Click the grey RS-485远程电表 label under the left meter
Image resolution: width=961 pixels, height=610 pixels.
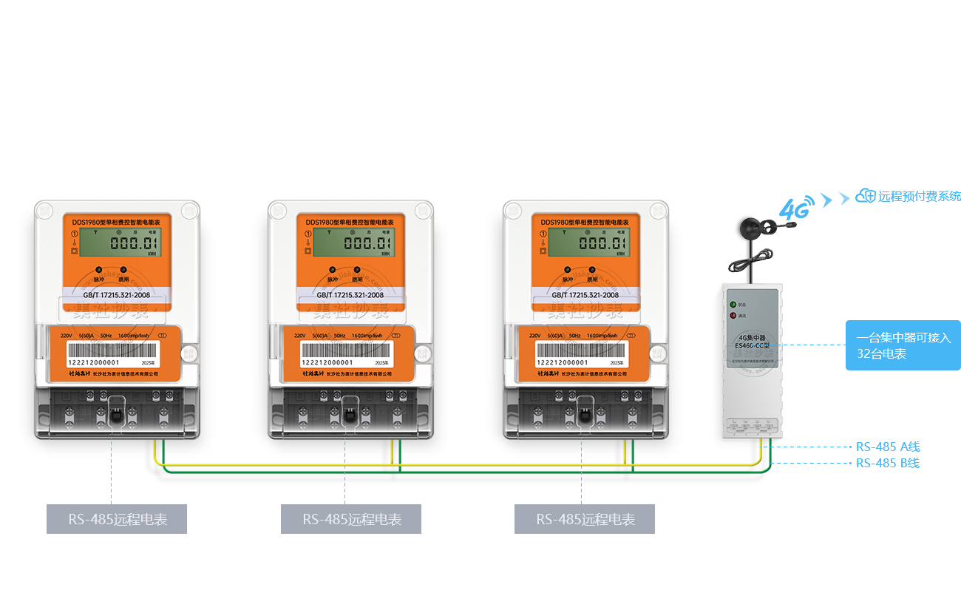point(117,519)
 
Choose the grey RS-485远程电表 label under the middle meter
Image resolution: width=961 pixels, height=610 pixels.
point(350,519)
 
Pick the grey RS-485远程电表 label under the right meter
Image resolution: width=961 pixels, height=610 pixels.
point(584,519)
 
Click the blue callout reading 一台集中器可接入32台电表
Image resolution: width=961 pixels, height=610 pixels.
point(902,345)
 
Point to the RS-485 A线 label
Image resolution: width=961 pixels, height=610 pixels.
point(888,447)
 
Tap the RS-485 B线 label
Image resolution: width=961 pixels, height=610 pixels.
point(888,464)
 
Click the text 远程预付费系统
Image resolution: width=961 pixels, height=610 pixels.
point(919,197)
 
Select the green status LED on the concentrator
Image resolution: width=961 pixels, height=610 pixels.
point(733,304)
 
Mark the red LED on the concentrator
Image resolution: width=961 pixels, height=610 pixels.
point(733,316)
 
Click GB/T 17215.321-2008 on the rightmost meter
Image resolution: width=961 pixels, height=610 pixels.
point(585,294)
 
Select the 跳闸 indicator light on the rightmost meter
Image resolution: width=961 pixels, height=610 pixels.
point(592,270)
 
